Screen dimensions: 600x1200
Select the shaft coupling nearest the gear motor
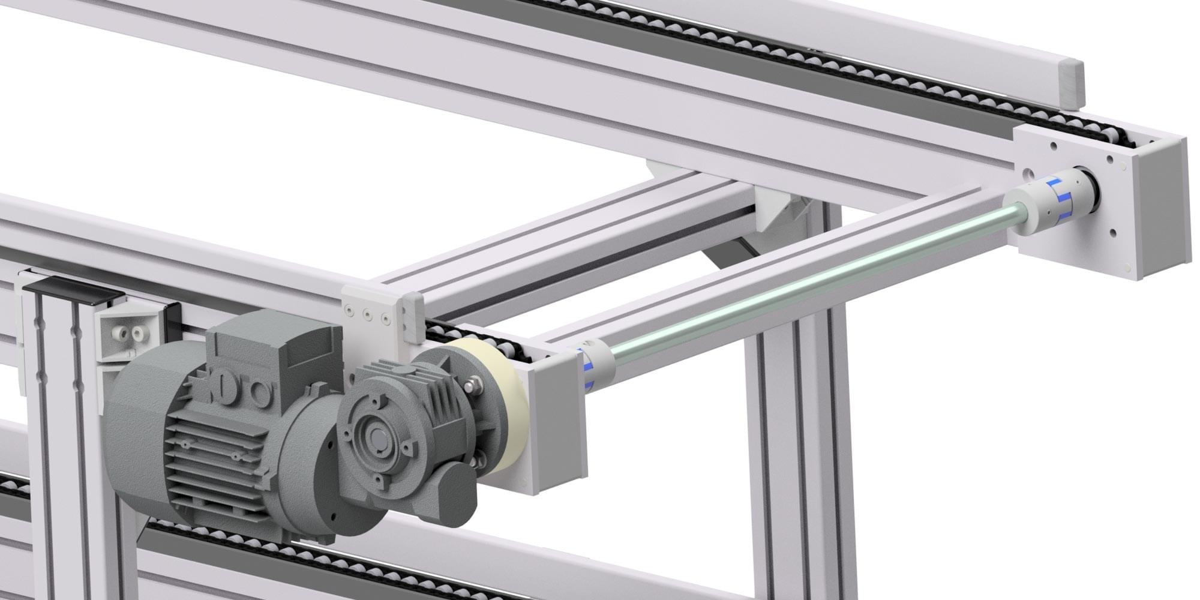click(x=594, y=366)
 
